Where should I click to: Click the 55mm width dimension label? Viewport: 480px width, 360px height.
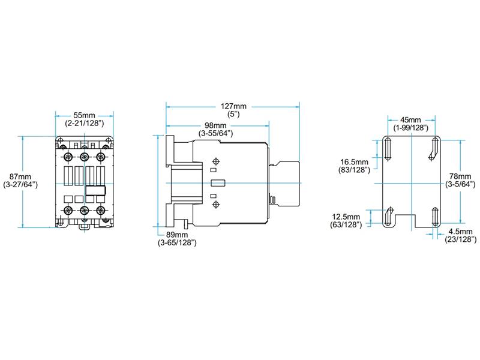coord(85,115)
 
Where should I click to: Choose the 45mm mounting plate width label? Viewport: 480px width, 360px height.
coord(411,120)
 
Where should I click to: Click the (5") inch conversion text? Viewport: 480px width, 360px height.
coord(232,113)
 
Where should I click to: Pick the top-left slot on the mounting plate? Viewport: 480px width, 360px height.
coord(388,149)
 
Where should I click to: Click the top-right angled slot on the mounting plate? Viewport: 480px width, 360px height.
coord(434,149)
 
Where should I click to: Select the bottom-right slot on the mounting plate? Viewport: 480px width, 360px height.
coord(434,217)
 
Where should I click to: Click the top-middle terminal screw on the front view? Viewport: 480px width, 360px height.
coord(84,157)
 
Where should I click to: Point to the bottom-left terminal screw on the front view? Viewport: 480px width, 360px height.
coord(67,210)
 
